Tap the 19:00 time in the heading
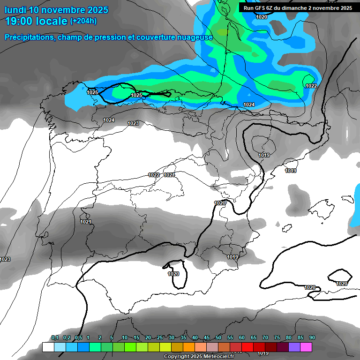click(x=20, y=21)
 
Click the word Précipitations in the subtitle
click(x=29, y=37)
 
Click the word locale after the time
click(x=52, y=21)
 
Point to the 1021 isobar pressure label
click(x=86, y=222)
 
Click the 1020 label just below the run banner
click(x=262, y=17)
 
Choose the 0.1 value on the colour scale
click(x=55, y=338)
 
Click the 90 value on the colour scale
click(x=312, y=338)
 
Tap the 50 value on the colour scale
click(x=218, y=338)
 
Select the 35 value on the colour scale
click(x=183, y=338)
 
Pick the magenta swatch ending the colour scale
click(x=306, y=347)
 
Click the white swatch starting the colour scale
click(x=48, y=347)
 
